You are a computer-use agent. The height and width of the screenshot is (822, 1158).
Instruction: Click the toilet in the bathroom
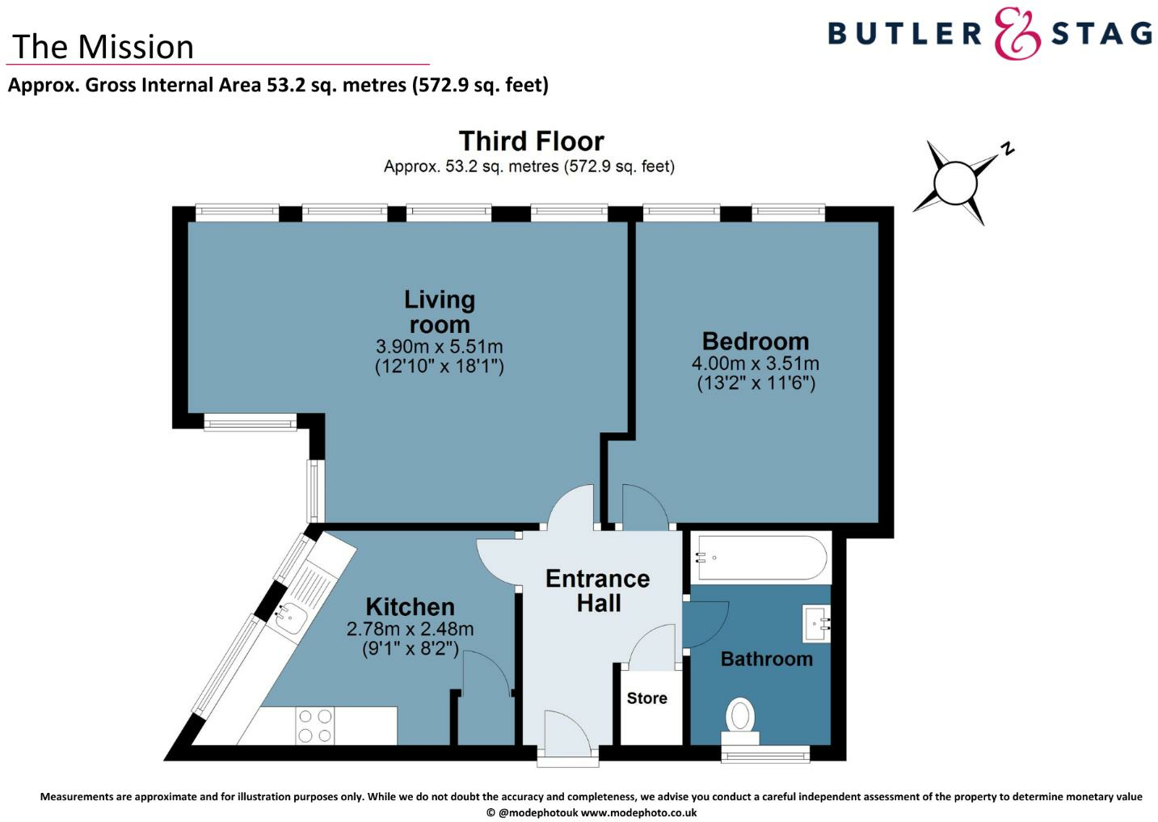(x=740, y=719)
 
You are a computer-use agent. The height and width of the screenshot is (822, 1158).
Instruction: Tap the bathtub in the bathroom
(x=760, y=558)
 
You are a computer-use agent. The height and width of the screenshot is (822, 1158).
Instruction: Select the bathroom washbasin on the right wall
(x=816, y=623)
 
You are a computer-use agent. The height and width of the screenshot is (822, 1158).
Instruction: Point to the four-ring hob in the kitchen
(x=314, y=725)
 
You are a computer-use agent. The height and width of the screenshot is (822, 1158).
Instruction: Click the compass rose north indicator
(x=1006, y=148)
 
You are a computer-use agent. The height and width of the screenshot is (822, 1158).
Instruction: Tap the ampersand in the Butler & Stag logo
(x=1017, y=34)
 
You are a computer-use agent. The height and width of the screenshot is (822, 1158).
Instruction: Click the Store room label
(x=646, y=698)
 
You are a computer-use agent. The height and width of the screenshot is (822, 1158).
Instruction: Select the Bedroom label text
(x=755, y=341)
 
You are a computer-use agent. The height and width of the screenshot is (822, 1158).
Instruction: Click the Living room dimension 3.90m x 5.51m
(x=439, y=347)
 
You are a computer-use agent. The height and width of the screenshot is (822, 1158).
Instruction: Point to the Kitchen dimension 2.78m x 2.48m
(x=410, y=629)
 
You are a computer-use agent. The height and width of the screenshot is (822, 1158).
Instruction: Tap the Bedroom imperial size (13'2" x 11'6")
(x=756, y=383)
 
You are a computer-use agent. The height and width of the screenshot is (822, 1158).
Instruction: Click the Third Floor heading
(x=531, y=141)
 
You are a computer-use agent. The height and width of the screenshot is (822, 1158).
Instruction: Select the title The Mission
(x=103, y=47)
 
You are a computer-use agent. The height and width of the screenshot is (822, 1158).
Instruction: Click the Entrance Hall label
(x=597, y=591)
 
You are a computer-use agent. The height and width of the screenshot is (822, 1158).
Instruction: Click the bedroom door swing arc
(x=645, y=505)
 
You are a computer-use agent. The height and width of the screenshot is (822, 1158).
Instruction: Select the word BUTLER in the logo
(x=903, y=34)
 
